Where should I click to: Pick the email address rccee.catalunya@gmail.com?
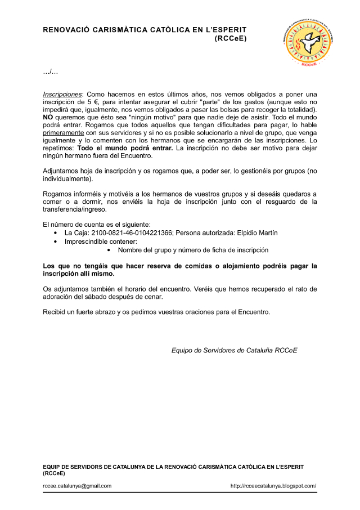[x=77, y=486]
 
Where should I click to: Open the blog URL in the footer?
[x=273, y=486]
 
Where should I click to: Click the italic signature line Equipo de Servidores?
[x=234, y=350]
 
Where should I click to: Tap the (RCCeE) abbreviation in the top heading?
[x=231, y=39]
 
